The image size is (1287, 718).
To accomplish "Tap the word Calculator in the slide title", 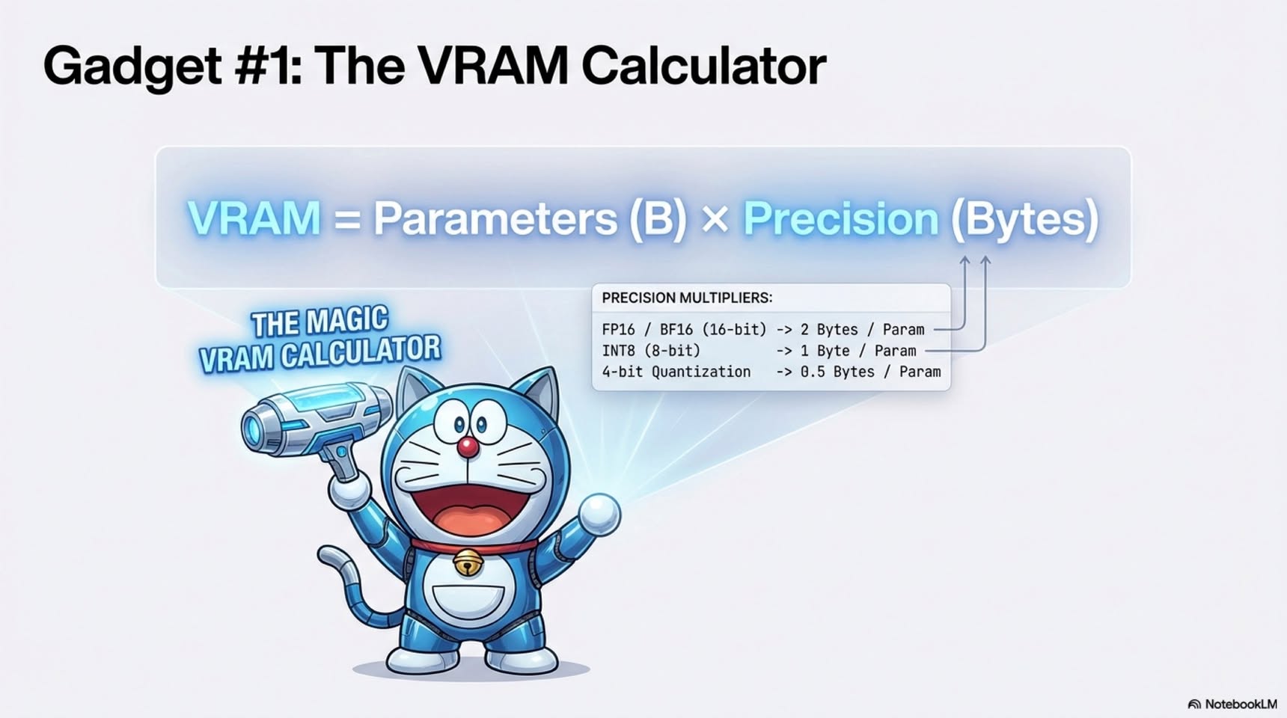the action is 703,66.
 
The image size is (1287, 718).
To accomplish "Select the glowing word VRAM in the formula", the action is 254,218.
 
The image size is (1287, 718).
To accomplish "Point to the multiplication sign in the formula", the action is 715,220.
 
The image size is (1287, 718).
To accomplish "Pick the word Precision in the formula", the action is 840,218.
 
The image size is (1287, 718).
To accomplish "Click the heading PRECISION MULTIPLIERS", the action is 687,298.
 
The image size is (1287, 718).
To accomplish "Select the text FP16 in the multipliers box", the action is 618,330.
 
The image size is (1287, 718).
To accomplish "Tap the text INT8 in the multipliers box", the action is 618,351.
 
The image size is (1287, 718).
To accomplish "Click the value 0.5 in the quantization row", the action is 813,372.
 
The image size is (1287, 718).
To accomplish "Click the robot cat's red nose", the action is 468,447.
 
